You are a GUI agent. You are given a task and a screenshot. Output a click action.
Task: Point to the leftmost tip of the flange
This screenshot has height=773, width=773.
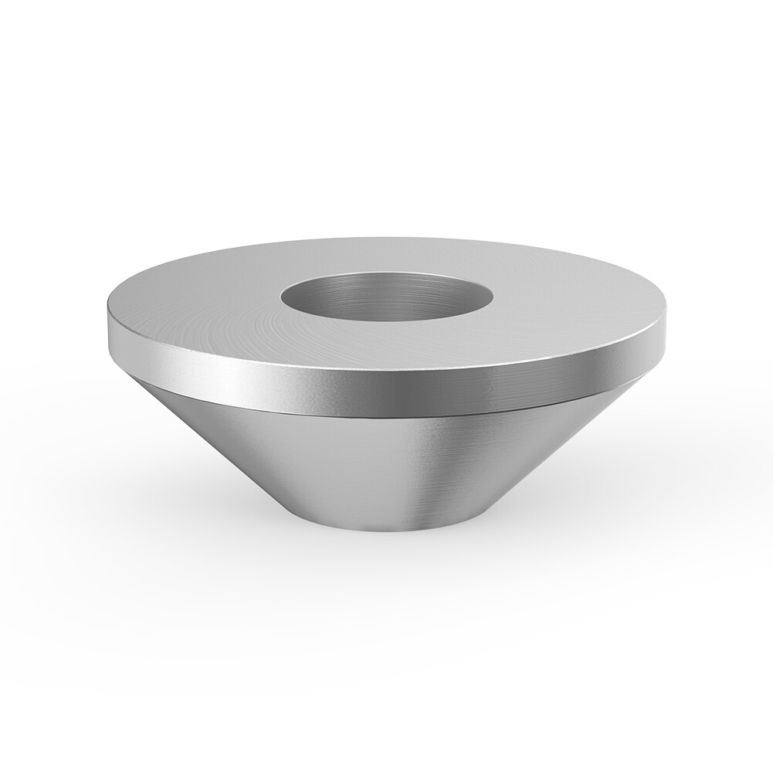coord(103,324)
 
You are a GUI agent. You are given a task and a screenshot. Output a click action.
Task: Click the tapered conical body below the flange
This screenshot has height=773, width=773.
coord(348,463)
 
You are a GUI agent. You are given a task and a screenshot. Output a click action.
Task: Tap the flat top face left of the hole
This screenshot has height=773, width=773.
coord(201,309)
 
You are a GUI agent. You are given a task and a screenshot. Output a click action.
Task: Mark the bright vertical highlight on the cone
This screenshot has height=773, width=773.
coord(417,471)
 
